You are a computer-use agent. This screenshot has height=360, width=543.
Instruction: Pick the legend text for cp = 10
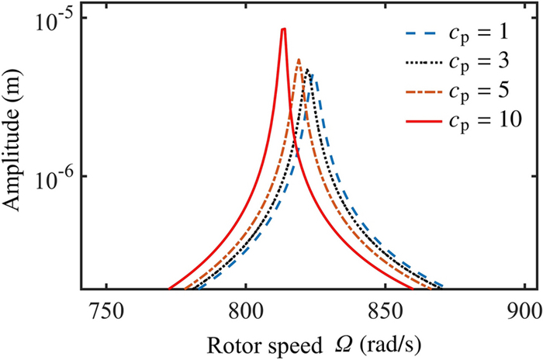479,119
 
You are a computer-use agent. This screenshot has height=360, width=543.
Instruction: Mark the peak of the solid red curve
284,29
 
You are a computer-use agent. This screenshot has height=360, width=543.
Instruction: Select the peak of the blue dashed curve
312,74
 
